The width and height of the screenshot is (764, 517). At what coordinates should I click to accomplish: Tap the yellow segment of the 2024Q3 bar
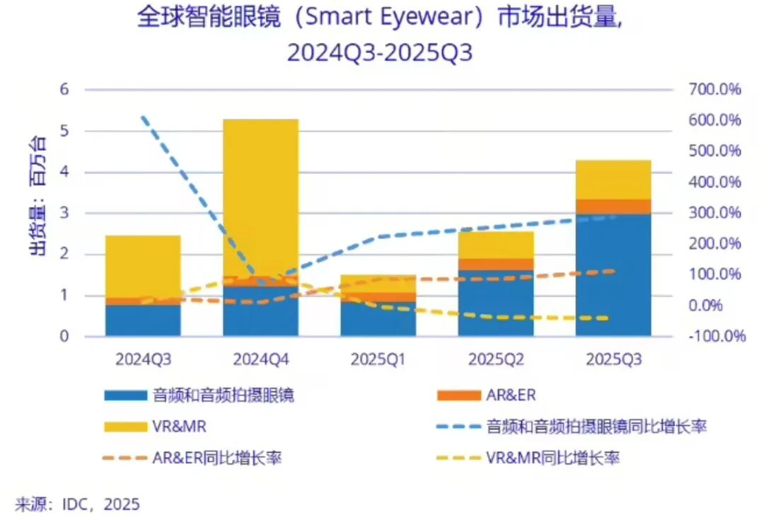[143, 266]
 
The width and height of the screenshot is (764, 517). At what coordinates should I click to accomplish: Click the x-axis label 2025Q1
[378, 359]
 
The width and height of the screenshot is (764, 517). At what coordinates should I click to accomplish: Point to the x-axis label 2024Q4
[261, 359]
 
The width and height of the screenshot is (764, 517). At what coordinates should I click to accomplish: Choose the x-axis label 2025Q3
[613, 359]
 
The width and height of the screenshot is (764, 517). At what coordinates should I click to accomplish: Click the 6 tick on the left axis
[64, 90]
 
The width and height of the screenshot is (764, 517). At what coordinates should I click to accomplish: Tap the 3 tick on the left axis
[64, 213]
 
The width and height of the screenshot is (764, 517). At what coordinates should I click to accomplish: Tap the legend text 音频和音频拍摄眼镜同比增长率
[596, 426]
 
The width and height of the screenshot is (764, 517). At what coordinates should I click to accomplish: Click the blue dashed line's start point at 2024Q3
[143, 117]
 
